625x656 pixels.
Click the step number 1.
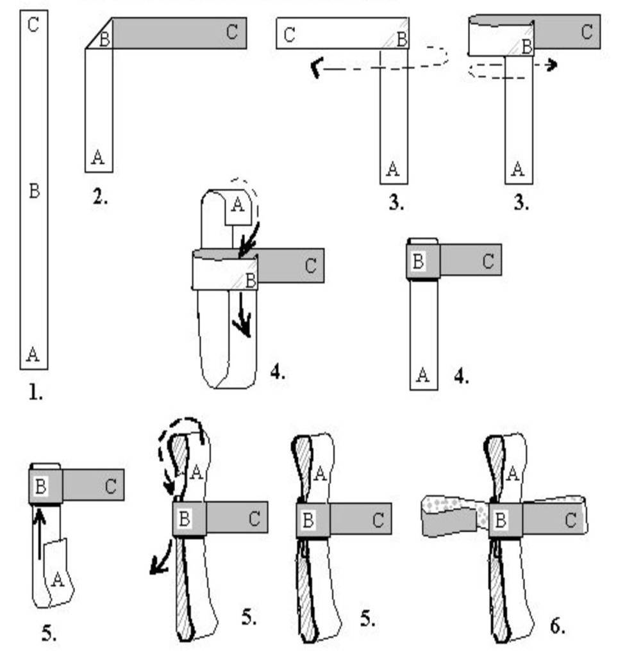(35, 393)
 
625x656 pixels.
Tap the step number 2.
(101, 197)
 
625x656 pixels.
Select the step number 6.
(558, 625)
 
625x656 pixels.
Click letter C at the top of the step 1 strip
(34, 26)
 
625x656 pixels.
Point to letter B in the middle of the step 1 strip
(35, 190)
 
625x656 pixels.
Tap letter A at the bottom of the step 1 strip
(33, 353)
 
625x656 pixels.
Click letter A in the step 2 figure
(98, 157)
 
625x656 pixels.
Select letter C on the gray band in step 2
(232, 32)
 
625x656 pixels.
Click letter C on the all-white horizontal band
(290, 35)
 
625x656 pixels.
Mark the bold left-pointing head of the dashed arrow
(315, 68)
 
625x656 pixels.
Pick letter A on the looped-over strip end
(237, 205)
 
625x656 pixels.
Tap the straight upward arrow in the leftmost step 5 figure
(40, 532)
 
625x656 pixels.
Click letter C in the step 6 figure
(570, 520)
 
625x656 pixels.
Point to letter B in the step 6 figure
(500, 520)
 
